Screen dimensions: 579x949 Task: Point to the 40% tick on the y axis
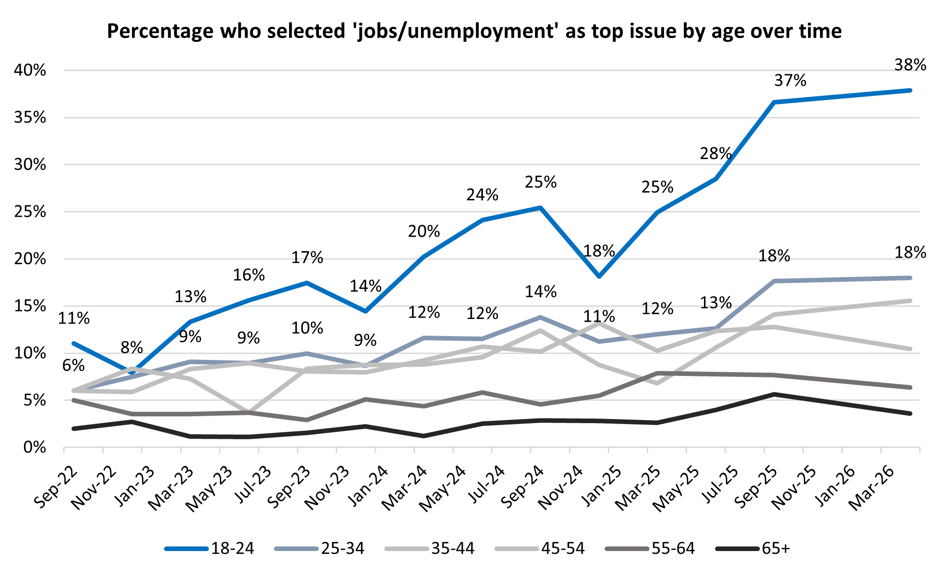pos(30,71)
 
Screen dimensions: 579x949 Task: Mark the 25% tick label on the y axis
pos(30,212)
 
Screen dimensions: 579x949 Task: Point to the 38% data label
pos(910,65)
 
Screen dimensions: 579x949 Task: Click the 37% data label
pos(790,81)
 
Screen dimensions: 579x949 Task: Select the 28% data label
pos(715,154)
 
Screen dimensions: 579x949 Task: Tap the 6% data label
pos(74,365)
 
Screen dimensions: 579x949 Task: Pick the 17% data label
pos(307,258)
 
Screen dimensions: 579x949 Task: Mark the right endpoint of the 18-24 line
pos(910,90)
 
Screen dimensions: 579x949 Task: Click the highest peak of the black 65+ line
pos(774,394)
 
